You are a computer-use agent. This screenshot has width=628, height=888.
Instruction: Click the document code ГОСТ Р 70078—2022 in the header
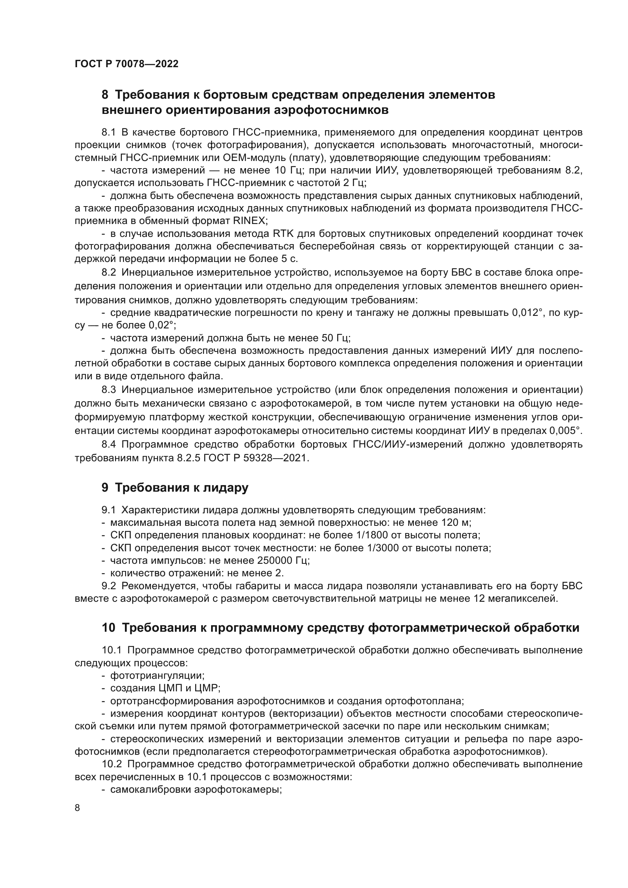[x=126, y=64]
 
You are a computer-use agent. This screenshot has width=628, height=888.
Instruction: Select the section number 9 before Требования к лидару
[x=105, y=488]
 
